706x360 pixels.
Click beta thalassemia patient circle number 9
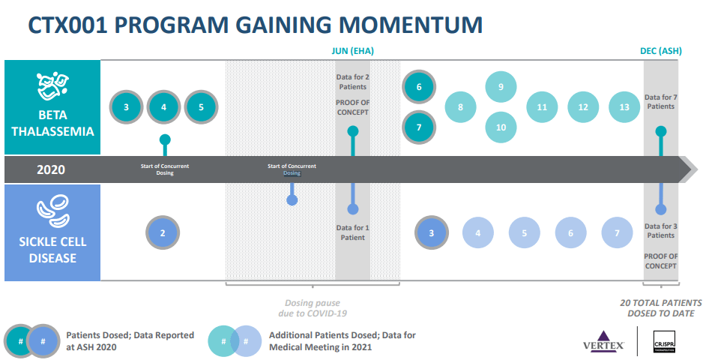(x=501, y=87)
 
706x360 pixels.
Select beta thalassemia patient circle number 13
(x=624, y=107)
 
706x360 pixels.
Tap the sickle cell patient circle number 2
(x=163, y=232)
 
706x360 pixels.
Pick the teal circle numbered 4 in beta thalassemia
(x=163, y=107)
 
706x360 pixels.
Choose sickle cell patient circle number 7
(x=617, y=232)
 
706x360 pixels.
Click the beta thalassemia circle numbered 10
(x=501, y=127)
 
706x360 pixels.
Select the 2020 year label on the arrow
(x=52, y=169)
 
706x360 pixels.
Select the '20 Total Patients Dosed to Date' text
(x=660, y=307)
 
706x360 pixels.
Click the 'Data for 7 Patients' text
(x=660, y=101)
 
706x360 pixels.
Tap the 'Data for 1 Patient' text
(x=352, y=232)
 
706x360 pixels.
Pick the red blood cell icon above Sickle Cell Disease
(x=52, y=211)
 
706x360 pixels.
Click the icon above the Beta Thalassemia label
(x=52, y=86)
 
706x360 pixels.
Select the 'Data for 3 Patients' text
(x=660, y=230)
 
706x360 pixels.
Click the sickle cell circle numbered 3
(x=432, y=232)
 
